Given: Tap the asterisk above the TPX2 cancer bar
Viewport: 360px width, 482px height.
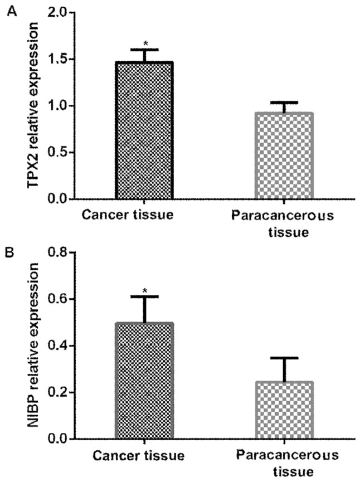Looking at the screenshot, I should tap(144, 43).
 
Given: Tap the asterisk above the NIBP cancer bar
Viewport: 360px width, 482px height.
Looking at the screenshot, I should tap(144, 290).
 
